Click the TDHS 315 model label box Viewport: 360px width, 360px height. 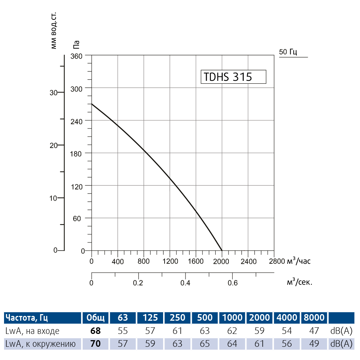(233, 77)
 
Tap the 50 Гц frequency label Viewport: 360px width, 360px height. (288, 52)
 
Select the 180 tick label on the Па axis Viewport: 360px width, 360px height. (78, 153)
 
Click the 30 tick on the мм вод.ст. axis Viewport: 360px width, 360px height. (54, 93)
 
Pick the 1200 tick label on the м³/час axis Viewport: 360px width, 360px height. (170, 262)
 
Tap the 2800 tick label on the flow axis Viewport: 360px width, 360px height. (277, 262)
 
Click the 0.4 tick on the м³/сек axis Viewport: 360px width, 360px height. (186, 283)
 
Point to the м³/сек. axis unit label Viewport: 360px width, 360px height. (299, 282)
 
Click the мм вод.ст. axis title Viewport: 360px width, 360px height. (54, 31)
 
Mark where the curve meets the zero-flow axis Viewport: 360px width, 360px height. (91, 104)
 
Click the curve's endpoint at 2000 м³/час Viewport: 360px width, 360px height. (222, 251)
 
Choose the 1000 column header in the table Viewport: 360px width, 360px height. (232, 317)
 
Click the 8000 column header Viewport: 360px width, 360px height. (314, 317)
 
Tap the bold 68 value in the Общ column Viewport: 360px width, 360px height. (95, 331)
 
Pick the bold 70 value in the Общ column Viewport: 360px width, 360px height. (95, 344)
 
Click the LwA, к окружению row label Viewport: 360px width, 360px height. (41, 344)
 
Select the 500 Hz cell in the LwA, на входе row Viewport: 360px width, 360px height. (205, 331)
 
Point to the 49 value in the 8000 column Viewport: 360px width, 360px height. (314, 344)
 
